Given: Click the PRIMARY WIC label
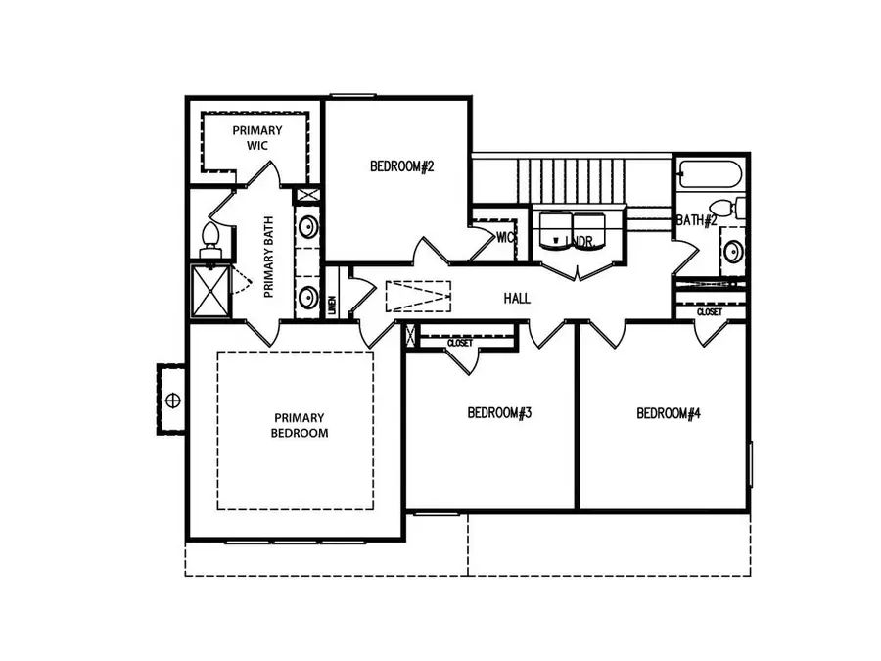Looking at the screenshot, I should coord(256,137).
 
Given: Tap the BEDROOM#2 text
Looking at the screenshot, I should coord(401,166).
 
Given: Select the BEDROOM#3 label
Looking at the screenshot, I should coord(499,413).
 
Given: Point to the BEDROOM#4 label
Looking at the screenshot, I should coord(669,413).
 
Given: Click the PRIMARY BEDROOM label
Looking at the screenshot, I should coord(300,425).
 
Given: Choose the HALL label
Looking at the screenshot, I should coord(517,298).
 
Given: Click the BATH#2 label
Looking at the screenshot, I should coord(696,220).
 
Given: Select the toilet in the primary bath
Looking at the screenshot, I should coord(209,238).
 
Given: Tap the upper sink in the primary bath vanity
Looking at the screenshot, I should coord(307,229).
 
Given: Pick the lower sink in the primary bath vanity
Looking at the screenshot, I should coord(307,297).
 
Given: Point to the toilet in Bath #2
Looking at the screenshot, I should coord(725,209).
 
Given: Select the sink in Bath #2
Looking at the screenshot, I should coord(733,254).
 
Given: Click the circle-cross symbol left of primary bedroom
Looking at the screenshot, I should coord(173,400).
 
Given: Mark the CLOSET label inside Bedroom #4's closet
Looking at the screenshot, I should coord(710,312).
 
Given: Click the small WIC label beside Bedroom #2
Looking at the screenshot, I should coord(505,237).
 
